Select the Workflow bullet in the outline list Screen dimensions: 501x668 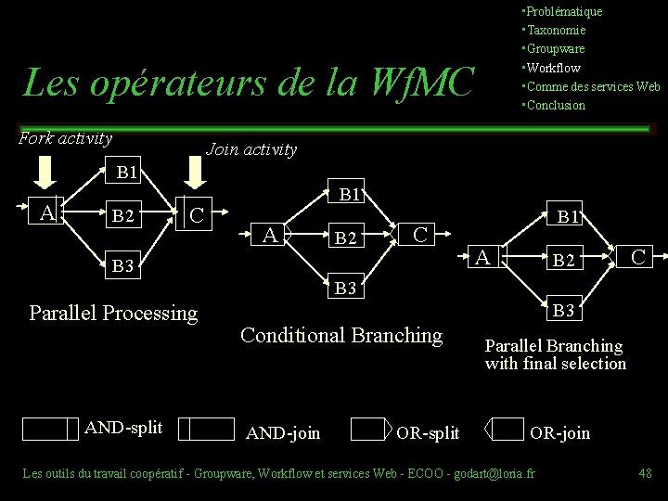click(554, 68)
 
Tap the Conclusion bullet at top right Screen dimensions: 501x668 click(557, 105)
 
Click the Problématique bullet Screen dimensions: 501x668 click(564, 11)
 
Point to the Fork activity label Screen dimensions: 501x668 click(66, 139)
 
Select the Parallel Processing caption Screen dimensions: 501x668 click(114, 313)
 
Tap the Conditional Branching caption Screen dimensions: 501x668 click(341, 334)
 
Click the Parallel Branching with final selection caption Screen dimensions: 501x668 click(555, 354)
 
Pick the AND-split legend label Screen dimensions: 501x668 click(123, 427)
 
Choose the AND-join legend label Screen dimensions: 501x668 click(283, 431)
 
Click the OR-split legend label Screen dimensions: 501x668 click(428, 431)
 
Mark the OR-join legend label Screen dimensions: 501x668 click(559, 431)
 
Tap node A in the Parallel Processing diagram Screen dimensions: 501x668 click(45, 212)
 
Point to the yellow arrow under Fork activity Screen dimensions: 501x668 click(45, 172)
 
